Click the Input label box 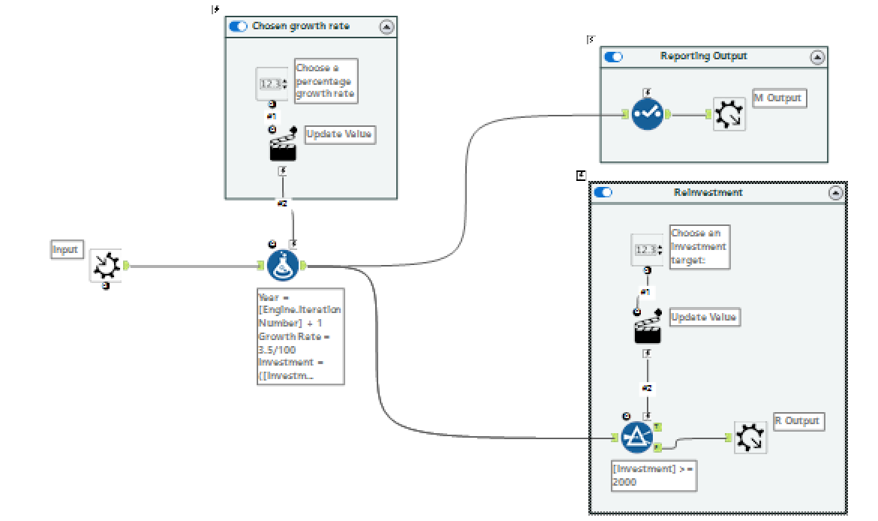pyautogui.click(x=65, y=250)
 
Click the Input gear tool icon pyautogui.click(x=105, y=266)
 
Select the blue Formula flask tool pyautogui.click(x=282, y=266)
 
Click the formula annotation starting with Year pyautogui.click(x=300, y=336)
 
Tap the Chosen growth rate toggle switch pyautogui.click(x=239, y=26)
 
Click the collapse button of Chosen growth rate pyautogui.click(x=386, y=26)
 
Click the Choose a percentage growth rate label pyautogui.click(x=326, y=81)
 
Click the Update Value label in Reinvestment pyautogui.click(x=703, y=317)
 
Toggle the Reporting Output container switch pyautogui.click(x=613, y=56)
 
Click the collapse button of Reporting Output pyautogui.click(x=817, y=56)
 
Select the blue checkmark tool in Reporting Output pyautogui.click(x=647, y=114)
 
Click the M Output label pyautogui.click(x=779, y=98)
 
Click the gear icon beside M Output pyautogui.click(x=729, y=115)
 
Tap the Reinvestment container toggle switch pyautogui.click(x=603, y=192)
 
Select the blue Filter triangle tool pyautogui.click(x=637, y=437)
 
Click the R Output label pyautogui.click(x=798, y=421)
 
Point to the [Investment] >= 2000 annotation pyautogui.click(x=653, y=475)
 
